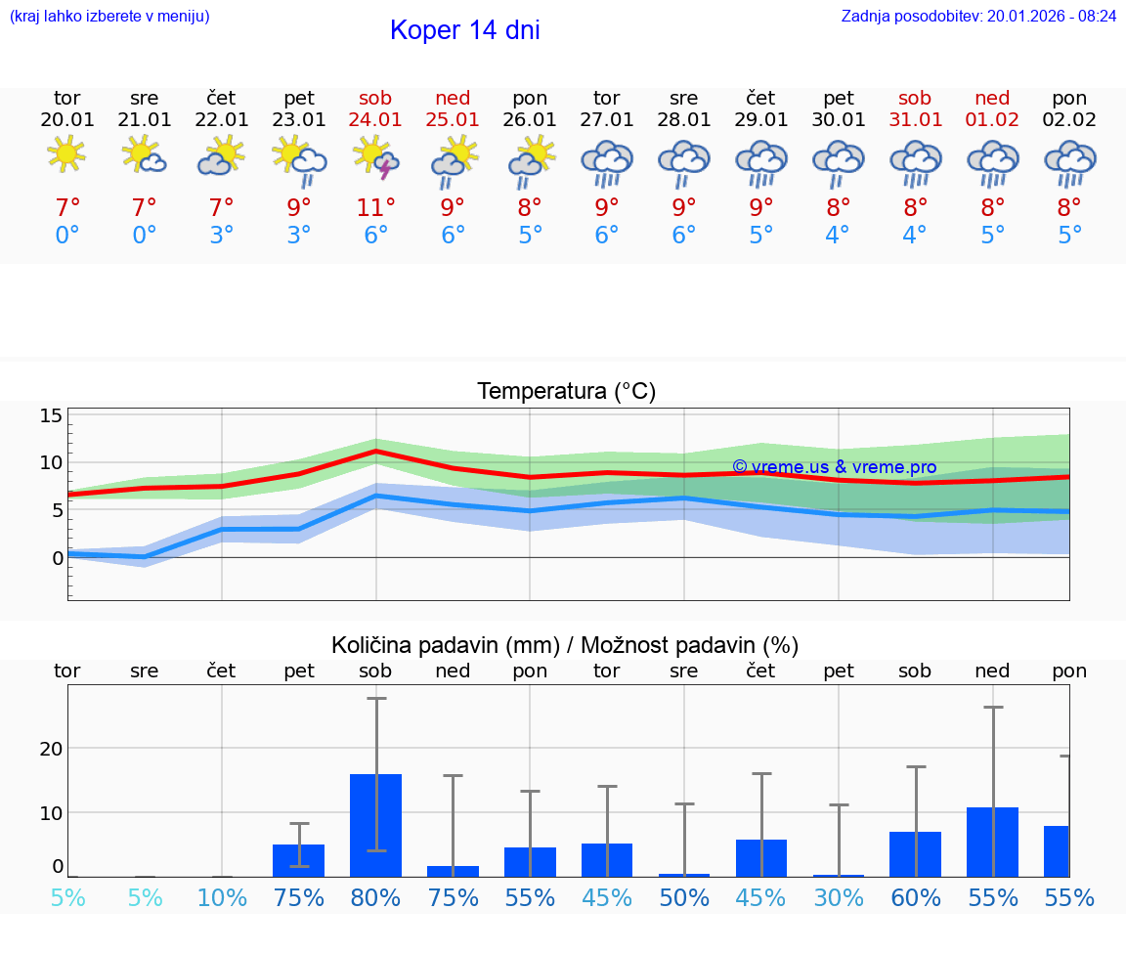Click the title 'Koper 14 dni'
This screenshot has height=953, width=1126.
tap(464, 30)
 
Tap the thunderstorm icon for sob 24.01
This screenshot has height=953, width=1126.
tap(376, 158)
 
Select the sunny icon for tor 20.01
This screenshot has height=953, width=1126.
tap(66, 153)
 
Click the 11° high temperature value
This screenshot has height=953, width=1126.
tap(376, 207)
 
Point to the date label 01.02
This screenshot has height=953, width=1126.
tap(992, 119)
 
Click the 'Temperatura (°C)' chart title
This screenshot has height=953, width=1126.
tap(566, 392)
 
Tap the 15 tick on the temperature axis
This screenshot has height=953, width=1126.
tap(51, 415)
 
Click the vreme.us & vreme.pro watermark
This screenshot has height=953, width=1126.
tap(834, 467)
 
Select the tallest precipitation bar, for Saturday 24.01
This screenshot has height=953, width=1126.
tap(376, 825)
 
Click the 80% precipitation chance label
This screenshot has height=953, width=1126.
tap(376, 898)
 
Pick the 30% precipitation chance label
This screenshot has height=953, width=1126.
tap(839, 898)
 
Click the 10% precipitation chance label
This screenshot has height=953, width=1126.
tap(222, 898)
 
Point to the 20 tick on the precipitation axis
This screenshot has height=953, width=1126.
tap(51, 749)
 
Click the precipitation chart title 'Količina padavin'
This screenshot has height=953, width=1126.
tap(565, 645)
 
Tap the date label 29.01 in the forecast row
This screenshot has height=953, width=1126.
tap(761, 119)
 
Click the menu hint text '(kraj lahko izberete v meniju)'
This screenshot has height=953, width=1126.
tap(108, 16)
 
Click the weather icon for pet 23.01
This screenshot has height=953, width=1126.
tap(299, 158)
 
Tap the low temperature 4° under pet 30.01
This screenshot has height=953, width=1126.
tap(839, 236)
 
